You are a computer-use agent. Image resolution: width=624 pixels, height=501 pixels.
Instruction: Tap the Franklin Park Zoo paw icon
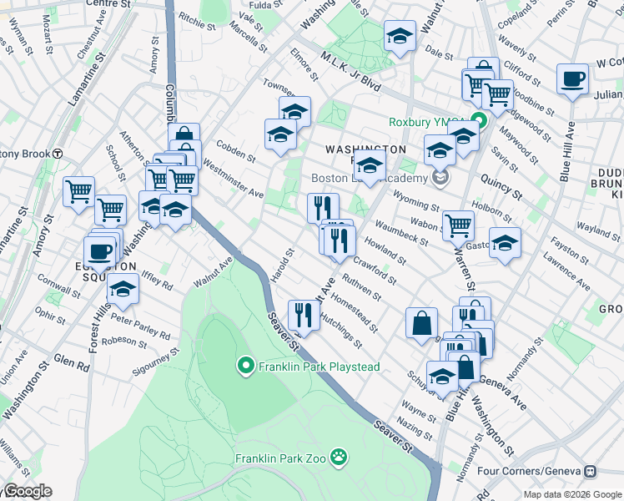[x=339, y=457]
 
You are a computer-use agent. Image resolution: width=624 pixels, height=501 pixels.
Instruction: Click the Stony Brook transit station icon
[x=58, y=153]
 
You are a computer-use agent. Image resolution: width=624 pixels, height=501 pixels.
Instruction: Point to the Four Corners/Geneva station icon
[x=590, y=471]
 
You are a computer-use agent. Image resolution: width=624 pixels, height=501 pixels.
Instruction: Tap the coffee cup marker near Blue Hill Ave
[x=572, y=79]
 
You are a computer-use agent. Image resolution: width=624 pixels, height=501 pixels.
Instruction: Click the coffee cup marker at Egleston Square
[x=100, y=250]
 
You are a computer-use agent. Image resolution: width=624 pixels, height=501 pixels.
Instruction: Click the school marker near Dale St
[x=400, y=36]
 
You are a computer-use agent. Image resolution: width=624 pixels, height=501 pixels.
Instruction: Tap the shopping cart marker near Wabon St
[x=458, y=225]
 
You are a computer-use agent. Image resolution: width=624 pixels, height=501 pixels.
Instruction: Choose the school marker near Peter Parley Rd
[x=123, y=289]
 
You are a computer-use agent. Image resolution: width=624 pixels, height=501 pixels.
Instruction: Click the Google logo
[x=27, y=491]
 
